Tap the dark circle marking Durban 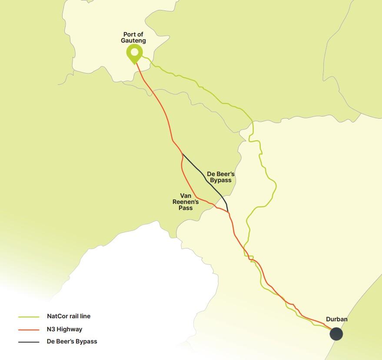(336, 334)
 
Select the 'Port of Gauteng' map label (134, 37)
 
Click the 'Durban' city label (337, 320)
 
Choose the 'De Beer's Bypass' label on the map (221, 177)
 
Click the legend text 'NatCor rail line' (69, 317)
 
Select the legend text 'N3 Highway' (64, 329)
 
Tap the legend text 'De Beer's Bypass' (72, 342)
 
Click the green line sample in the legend (29, 317)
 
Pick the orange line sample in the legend (29, 330)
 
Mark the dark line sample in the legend (29, 342)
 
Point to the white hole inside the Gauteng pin (134, 53)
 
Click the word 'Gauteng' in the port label (134, 40)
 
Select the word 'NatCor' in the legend (57, 317)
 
